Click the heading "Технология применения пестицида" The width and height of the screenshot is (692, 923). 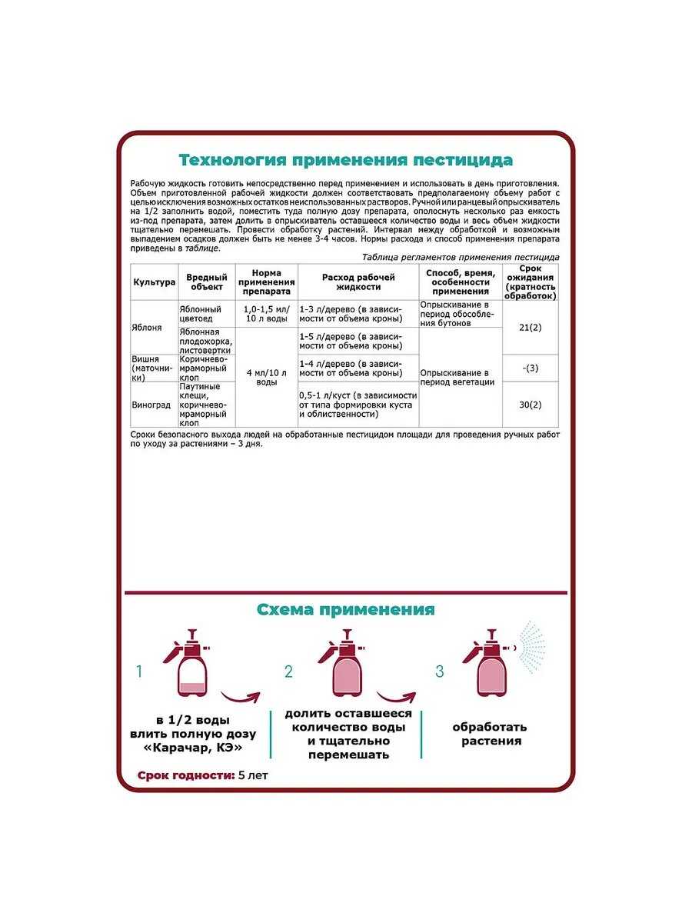pos(345,160)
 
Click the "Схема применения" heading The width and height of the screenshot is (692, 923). pos(345,610)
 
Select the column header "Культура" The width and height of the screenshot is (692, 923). pos(155,282)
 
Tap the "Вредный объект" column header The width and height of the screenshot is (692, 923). pos(207,282)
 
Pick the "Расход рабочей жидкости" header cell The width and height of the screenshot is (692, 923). pos(358,282)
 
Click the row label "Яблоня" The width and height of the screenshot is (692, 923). pos(148,326)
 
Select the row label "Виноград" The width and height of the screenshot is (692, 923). pos(151,403)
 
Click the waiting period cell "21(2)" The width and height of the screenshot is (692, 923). pos(531,327)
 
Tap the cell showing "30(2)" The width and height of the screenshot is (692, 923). pos(531,405)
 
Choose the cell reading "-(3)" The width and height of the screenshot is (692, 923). pos(531,368)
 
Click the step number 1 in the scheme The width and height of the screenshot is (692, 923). pos(139,671)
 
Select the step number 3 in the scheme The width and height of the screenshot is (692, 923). pos(440,671)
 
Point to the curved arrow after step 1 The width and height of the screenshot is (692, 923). pos(240,697)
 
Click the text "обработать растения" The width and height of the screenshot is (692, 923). pos(489,734)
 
